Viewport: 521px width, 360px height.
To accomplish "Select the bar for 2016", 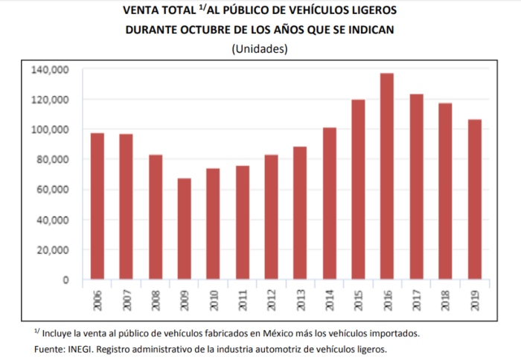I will [387, 176].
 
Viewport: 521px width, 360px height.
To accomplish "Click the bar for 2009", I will [184, 229].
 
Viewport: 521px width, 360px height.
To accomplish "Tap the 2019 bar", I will [474, 199].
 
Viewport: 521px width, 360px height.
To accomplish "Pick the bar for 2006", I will [97, 206].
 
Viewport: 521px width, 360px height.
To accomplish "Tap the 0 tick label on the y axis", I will [65, 280].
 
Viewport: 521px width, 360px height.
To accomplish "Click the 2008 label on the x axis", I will [155, 300].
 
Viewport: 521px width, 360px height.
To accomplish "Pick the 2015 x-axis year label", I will [358, 300].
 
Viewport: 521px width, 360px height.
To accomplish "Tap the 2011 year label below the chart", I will [242, 300].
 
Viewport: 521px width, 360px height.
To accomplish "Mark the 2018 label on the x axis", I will [445, 300].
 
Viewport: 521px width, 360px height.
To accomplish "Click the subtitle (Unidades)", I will [260, 48].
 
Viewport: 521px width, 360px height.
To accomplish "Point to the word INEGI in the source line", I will [82, 349].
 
